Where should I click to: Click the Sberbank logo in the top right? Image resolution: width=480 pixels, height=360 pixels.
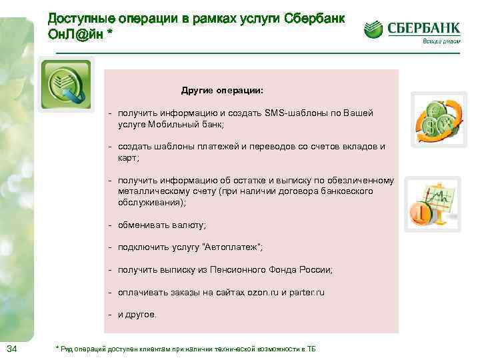tap(412, 29)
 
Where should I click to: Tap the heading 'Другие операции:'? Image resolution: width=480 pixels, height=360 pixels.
tap(222, 89)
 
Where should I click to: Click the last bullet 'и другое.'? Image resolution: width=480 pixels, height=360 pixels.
tap(137, 315)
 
